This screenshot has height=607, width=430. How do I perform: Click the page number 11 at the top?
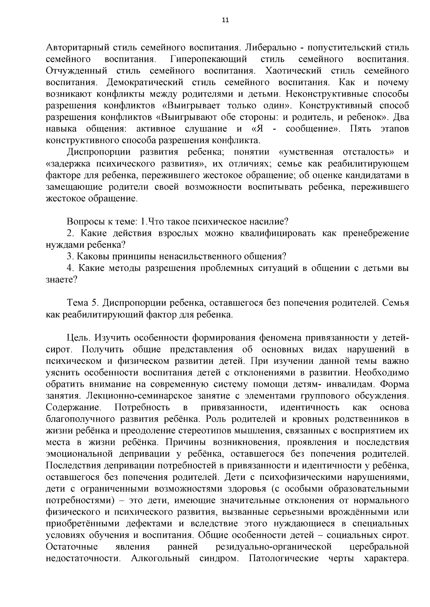point(225,20)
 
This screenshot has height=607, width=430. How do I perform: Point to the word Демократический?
point(145,83)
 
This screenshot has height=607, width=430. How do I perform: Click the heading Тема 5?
point(83,303)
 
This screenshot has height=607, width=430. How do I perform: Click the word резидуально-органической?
point(273,547)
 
